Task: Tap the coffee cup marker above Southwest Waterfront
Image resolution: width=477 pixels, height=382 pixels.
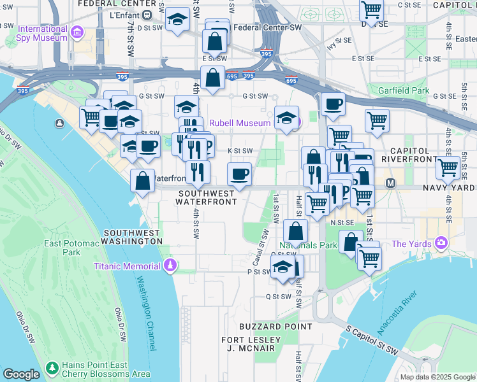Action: [240, 173]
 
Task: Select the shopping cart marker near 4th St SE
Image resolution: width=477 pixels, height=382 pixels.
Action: [448, 167]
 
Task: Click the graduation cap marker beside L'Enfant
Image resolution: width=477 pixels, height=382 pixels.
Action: [177, 20]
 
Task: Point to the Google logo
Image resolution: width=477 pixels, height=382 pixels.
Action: [21, 374]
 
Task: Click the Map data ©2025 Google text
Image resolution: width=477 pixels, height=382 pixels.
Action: [437, 377]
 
